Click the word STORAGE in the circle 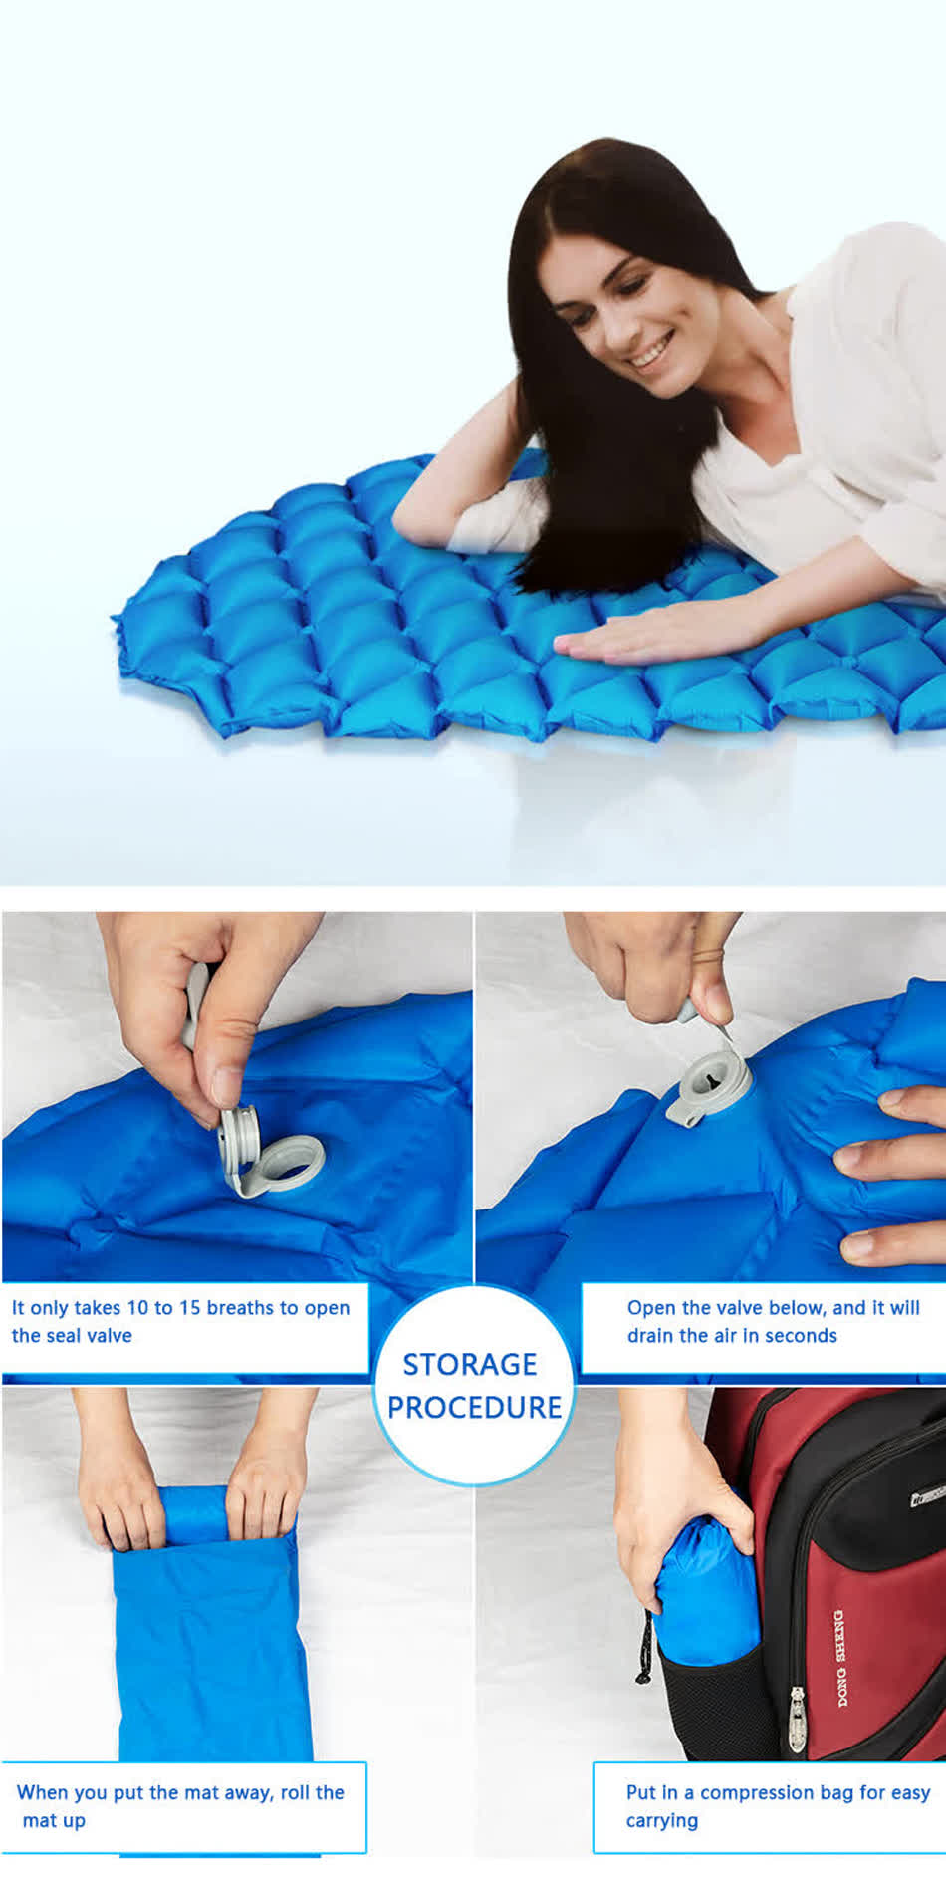(x=470, y=1364)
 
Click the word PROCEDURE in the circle (x=474, y=1408)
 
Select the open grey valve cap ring (x=290, y=1162)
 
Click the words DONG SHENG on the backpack (x=839, y=1655)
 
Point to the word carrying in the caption (x=661, y=1821)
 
